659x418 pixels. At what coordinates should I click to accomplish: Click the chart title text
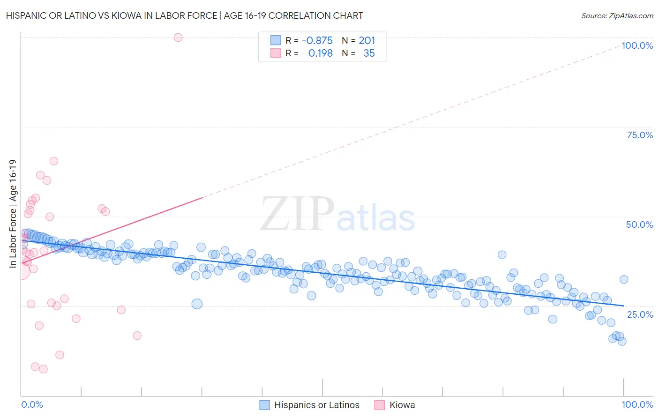pos(185,15)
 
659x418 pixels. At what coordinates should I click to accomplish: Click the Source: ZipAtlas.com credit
pos(617,15)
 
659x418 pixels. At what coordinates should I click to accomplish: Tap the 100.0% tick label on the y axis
pos(637,45)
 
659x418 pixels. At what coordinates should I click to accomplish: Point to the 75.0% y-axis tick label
pos(640,135)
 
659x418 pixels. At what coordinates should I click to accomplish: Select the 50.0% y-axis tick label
pos(639,224)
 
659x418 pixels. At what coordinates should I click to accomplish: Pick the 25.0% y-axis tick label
pos(640,314)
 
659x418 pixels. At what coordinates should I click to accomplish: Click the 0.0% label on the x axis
pos(32,404)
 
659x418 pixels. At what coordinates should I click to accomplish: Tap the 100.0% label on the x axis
pos(637,404)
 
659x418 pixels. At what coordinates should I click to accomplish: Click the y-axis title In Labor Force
pos(13,214)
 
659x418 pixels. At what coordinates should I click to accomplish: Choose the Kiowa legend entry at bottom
pos(402,405)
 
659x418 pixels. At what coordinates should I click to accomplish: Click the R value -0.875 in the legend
pos(317,41)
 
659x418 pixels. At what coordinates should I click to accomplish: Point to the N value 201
pos(367,41)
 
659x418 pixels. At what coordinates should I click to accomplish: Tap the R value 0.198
pos(320,53)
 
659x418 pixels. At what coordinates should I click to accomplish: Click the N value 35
pos(369,53)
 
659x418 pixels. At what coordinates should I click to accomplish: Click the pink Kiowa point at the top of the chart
pos(178,37)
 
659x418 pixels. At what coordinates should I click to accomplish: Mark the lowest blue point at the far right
pos(622,341)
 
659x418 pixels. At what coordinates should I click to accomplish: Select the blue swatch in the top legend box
pos(276,40)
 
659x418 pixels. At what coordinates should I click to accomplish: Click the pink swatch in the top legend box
pos(276,53)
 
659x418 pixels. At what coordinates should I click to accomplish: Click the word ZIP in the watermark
pos(297,214)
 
